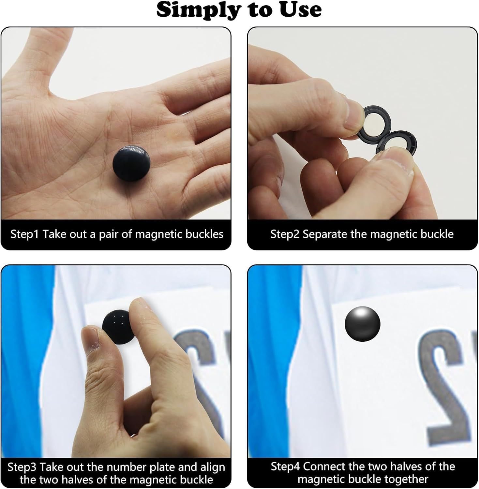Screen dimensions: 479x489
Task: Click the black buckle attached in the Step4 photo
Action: [362, 323]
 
